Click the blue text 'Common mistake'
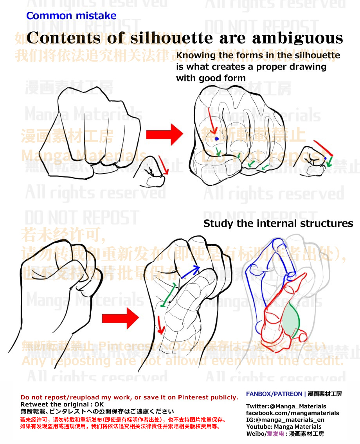click(x=71, y=16)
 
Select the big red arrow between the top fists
click(x=164, y=135)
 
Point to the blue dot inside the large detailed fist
click(x=216, y=138)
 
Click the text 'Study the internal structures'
click(x=278, y=224)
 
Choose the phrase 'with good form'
click(x=211, y=78)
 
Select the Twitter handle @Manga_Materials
click(x=286, y=406)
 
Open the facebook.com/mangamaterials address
click(x=292, y=413)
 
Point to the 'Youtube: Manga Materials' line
click(x=283, y=426)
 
